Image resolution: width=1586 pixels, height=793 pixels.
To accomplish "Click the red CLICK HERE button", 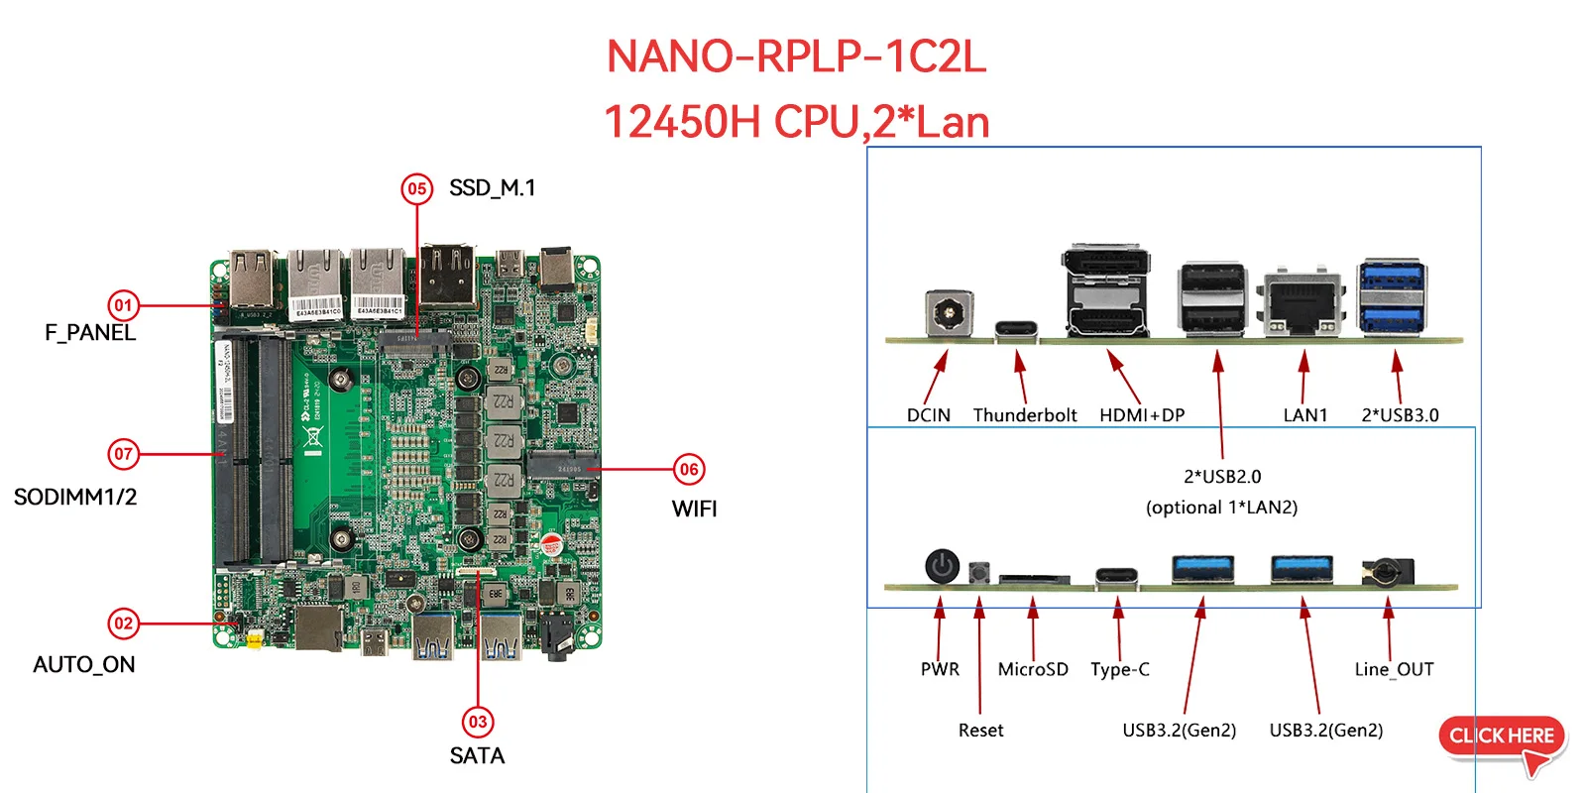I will pos(1501,737).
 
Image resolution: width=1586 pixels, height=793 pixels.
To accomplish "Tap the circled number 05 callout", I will pos(417,188).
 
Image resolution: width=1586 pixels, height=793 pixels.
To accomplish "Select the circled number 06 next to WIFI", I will pos(689,470).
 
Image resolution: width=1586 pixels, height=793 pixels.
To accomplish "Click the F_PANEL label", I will pos(90,333).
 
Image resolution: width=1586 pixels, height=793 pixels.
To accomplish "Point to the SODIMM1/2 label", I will pos(75,497).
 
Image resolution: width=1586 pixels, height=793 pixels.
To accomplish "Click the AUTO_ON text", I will pos(84,664).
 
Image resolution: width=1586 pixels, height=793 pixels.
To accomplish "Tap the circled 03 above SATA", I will pos(478,722).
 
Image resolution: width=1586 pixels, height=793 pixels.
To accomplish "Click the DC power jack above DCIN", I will pos(948,314).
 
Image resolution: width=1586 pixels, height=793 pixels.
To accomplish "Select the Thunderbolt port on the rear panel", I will pos(1016,330).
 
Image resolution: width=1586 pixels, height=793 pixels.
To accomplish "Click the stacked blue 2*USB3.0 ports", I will pos(1392,297).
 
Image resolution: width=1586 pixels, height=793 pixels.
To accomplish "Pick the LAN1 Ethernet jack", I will pos(1303,304).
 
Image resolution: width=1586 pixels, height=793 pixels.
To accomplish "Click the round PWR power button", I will pos(942,567).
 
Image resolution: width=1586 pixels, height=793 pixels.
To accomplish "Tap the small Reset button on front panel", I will pos(979,573).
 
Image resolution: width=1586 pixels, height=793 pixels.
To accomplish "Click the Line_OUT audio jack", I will pos(1385,571).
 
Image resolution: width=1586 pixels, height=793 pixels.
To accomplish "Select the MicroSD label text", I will pos(1033,669).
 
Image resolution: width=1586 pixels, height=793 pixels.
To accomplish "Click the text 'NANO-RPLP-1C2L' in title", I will pos(796,57).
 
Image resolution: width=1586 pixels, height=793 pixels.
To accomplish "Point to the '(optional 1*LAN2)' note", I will pos(1221,508).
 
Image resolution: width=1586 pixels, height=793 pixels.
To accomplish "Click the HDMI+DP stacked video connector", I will pos(1107,291).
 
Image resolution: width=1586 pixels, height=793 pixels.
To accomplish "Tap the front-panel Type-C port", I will pos(1116,577).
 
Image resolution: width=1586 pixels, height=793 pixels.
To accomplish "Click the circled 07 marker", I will pos(123,454).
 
